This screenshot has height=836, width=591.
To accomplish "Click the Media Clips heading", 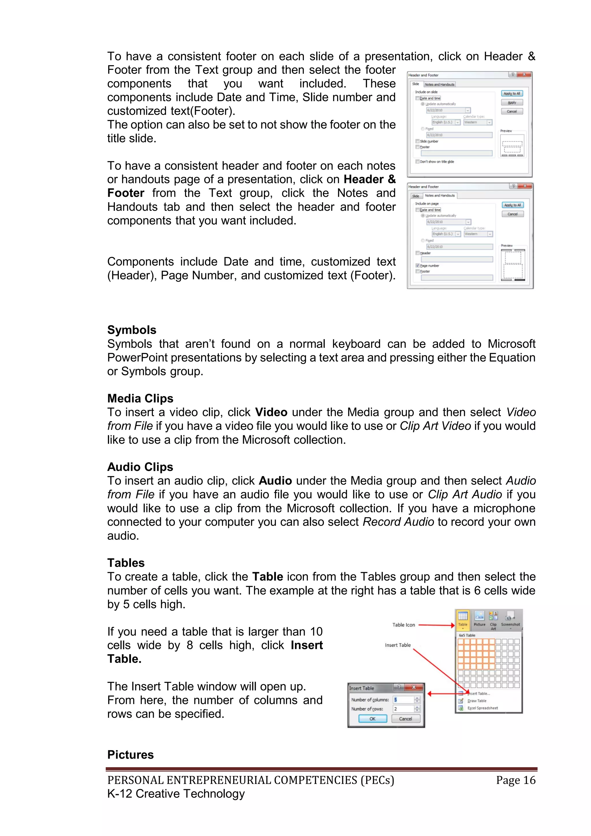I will [140, 398].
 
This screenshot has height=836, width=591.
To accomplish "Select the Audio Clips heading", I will [140, 467].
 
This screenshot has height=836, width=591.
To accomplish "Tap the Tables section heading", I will [126, 563].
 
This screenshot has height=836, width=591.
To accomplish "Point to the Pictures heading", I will [130, 755].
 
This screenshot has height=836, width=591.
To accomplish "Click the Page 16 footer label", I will [515, 780].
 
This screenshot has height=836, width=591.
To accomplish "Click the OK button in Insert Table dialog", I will [372, 719].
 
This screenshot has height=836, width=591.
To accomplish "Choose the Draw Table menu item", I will [477, 701].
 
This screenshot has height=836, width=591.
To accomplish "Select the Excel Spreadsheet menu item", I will [482, 708].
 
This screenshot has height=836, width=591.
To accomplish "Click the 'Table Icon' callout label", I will [403, 625].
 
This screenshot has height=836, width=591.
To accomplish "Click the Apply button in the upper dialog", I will [512, 102].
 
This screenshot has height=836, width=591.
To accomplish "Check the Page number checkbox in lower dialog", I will [418, 266].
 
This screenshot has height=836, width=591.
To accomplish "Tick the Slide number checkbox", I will [417, 141].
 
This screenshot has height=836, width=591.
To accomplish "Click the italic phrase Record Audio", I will [398, 522].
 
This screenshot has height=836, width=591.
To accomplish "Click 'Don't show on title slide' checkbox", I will [417, 161].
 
